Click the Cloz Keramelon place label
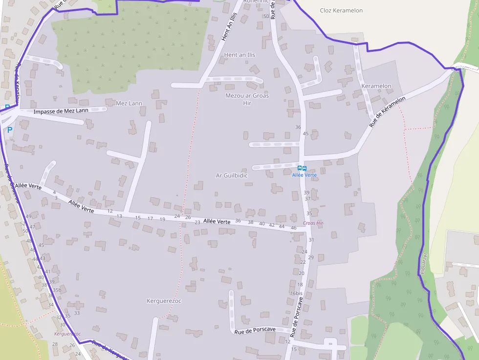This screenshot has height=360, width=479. [x=342, y=10]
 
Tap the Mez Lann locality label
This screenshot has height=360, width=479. [x=129, y=103]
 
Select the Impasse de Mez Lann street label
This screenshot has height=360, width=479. [x=61, y=111]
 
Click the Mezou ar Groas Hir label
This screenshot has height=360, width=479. [x=247, y=99]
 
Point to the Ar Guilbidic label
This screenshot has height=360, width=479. [x=232, y=175]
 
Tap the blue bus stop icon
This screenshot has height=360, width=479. [x=302, y=169]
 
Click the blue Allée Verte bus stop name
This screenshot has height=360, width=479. [x=305, y=175]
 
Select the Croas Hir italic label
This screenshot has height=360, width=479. [x=313, y=223]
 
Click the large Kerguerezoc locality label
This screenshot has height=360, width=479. [x=164, y=301]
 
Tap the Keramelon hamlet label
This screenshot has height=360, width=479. [x=376, y=86]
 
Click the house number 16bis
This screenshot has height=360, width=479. [x=296, y=293]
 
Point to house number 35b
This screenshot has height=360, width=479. [x=57, y=290]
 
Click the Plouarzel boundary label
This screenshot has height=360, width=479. [x=424, y=263]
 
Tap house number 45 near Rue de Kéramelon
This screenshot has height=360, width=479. [x=306, y=133]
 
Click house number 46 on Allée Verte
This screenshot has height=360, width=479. [x=294, y=228]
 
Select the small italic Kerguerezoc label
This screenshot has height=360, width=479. [x=67, y=334]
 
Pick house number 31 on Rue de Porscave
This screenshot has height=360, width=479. [x=311, y=240]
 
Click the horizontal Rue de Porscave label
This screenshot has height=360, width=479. [x=255, y=331]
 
